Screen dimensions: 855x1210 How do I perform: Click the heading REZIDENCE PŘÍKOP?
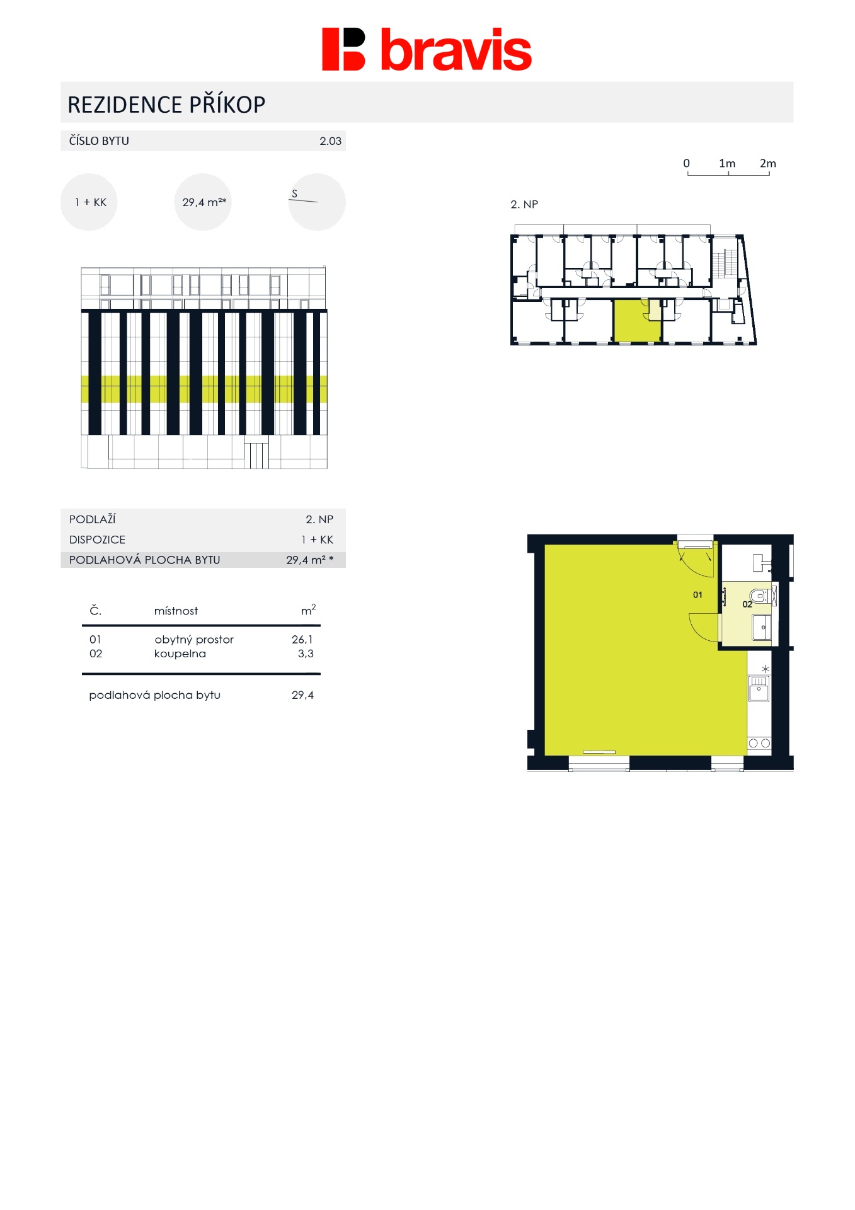(x=166, y=104)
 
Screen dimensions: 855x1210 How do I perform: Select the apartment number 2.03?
(x=330, y=141)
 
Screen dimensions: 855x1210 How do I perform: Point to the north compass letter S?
(x=294, y=193)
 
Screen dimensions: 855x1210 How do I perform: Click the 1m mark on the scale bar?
(x=727, y=163)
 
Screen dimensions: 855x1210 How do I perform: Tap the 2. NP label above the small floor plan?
(x=524, y=204)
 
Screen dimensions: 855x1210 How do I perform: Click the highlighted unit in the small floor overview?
(x=636, y=321)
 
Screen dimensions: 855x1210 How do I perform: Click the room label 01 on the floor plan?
(x=697, y=594)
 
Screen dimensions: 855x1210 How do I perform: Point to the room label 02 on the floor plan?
(x=747, y=604)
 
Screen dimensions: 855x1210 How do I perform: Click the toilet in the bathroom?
(x=760, y=596)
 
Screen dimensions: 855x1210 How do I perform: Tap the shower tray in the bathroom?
(x=761, y=627)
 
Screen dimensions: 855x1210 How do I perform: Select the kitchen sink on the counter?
(x=759, y=688)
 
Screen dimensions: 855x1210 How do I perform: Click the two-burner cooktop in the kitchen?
(x=759, y=743)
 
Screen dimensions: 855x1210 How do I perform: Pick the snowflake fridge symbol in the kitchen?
(x=766, y=669)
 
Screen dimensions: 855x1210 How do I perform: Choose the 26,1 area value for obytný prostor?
(x=302, y=639)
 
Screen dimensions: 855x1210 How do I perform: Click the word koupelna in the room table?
(x=180, y=654)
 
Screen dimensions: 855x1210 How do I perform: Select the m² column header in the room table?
(x=308, y=609)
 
